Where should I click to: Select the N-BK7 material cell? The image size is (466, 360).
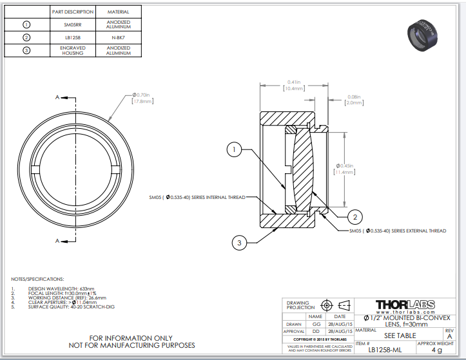click(118, 37)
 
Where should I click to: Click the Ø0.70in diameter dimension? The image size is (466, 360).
click(141, 97)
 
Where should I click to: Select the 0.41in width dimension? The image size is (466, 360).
click(294, 85)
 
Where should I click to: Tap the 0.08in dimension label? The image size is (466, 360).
click(354, 99)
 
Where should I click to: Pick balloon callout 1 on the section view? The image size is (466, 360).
click(234, 150)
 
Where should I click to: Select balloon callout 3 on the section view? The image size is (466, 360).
click(239, 243)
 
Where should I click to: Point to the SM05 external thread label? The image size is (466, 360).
click(398, 231)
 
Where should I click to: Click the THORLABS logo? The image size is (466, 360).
click(405, 304)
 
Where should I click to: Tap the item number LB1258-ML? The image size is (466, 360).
click(385, 350)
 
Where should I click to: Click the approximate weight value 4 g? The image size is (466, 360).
click(436, 350)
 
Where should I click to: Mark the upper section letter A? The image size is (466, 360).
click(57, 97)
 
